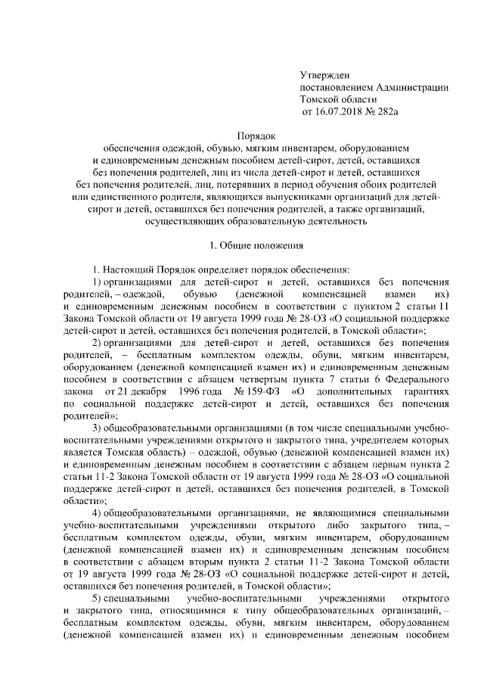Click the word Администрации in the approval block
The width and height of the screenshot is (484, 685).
411,88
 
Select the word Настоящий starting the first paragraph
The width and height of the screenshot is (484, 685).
127,269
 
